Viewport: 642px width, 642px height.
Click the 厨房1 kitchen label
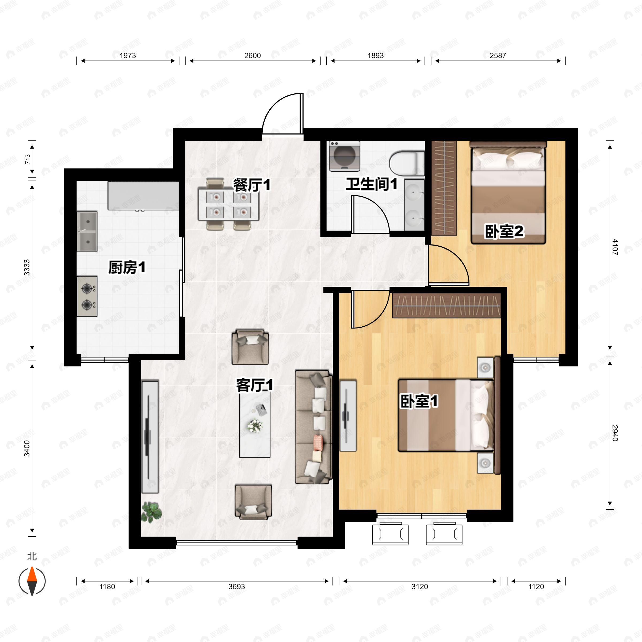click(127, 267)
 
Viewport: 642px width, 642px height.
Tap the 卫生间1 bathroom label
click(372, 184)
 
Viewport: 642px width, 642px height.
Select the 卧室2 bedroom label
click(504, 231)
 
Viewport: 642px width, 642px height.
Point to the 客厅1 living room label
click(255, 385)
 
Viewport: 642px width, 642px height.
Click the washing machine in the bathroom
click(345, 156)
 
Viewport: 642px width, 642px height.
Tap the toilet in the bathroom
click(407, 163)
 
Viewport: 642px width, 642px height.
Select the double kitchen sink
click(87, 232)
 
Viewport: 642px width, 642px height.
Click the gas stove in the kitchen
click(87, 296)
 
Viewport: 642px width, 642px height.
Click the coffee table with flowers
click(255, 424)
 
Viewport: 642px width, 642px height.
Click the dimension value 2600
click(253, 55)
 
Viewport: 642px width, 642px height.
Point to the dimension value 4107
click(614, 247)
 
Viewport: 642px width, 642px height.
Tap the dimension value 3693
click(236, 587)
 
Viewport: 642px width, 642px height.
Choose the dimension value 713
click(28, 159)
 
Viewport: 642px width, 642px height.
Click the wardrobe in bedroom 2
click(444, 188)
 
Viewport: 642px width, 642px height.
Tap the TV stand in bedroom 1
click(348, 416)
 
